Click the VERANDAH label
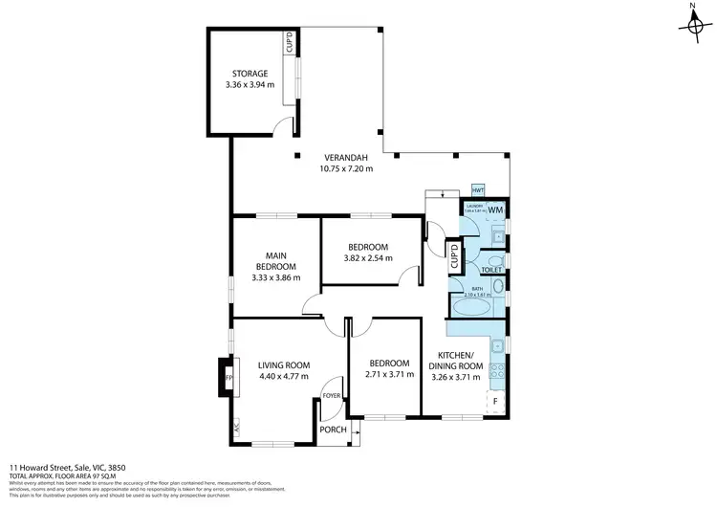pyautogui.click(x=345, y=157)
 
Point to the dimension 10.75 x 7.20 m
pyautogui.click(x=345, y=169)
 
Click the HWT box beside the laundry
pyautogui.click(x=478, y=190)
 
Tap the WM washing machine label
pyautogui.click(x=495, y=209)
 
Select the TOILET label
pyautogui.click(x=491, y=270)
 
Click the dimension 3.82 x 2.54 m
pyautogui.click(x=369, y=257)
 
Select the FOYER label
pyautogui.click(x=332, y=395)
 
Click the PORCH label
pyautogui.click(x=332, y=430)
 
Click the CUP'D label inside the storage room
pyautogui.click(x=289, y=44)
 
